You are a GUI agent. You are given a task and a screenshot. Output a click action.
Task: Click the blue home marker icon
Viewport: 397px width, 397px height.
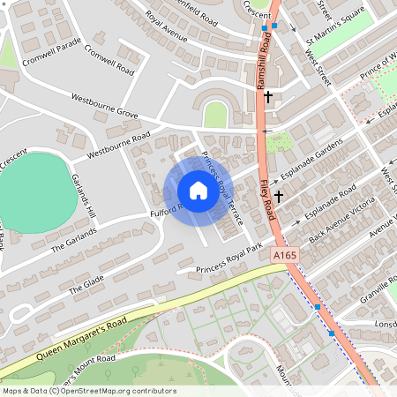[198, 191]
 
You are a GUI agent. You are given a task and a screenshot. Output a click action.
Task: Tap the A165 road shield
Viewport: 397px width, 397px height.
[285, 255]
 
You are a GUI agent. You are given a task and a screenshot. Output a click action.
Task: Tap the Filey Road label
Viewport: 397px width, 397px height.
[272, 205]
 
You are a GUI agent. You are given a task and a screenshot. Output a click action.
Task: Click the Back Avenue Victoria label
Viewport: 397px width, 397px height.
[348, 221]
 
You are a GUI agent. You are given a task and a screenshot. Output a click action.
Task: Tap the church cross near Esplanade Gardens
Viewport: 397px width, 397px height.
[279, 196]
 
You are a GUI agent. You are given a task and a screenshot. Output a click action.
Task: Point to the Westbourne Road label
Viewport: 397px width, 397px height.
[119, 147]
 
